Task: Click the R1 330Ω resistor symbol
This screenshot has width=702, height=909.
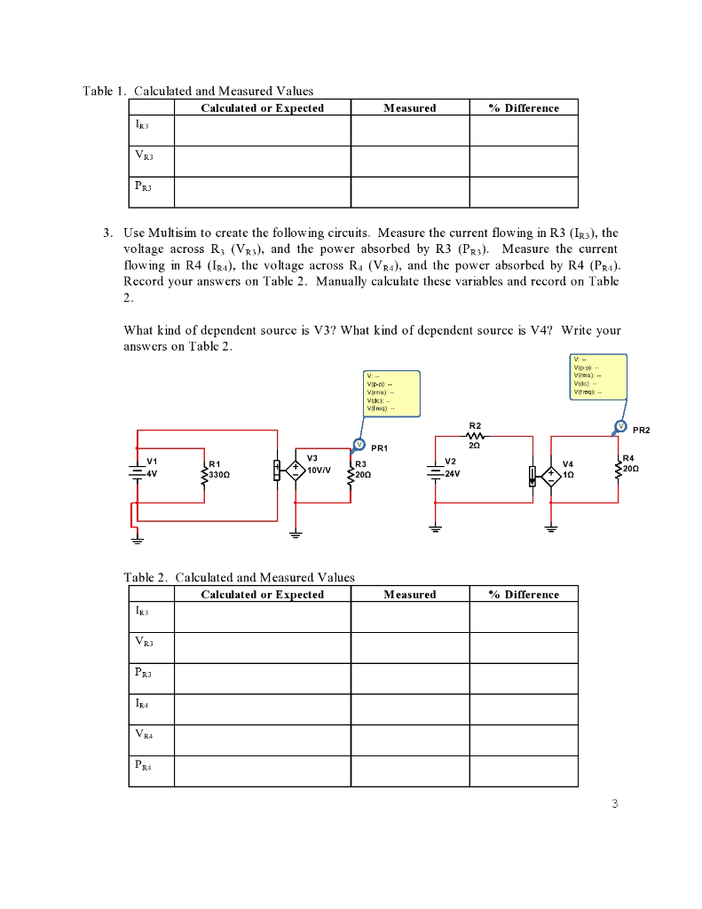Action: point(205,471)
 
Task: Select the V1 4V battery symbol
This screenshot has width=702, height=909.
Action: point(137,471)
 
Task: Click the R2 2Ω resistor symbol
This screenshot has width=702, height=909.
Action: point(475,437)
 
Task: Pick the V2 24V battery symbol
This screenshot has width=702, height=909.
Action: point(435,470)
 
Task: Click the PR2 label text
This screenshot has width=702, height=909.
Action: point(641,430)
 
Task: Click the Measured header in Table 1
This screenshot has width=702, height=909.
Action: point(409,108)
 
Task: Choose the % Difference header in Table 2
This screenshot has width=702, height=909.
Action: point(524,595)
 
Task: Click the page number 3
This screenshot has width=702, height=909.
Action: point(614,804)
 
